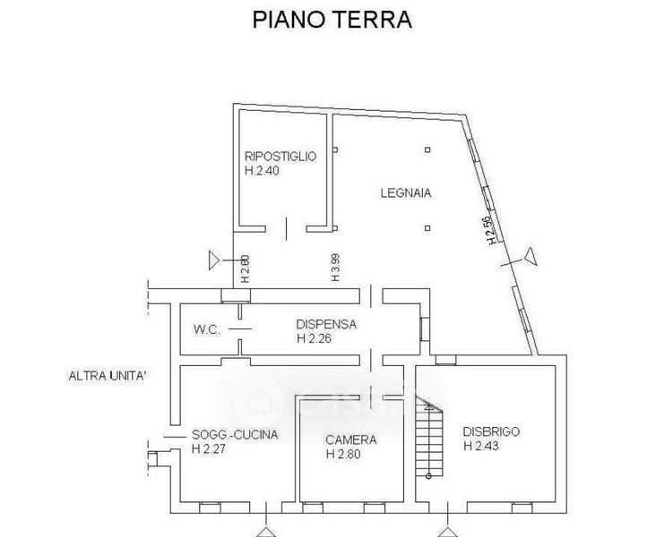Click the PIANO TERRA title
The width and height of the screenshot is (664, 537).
coord(331,21)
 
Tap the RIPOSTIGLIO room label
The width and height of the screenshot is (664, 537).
coord(280,156)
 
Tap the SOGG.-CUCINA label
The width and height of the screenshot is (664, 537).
coord(235,435)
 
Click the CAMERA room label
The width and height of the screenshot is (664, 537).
coord(350,439)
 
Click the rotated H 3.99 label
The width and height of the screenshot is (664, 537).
coord(335,267)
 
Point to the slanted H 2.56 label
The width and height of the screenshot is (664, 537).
coord(489,230)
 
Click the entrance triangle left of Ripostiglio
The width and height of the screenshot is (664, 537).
coord(215,260)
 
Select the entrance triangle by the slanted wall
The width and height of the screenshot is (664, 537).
coord(530,257)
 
